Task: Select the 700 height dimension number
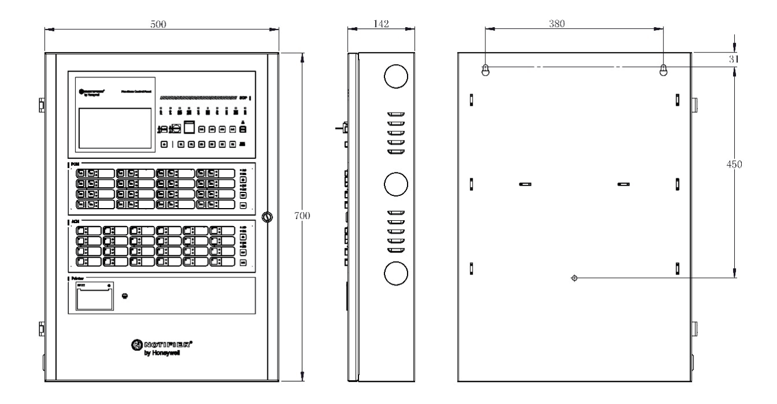pyautogui.click(x=302, y=216)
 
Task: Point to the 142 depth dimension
pyautogui.click(x=381, y=24)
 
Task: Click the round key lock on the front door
pyautogui.click(x=267, y=217)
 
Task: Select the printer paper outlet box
pyautogui.click(x=93, y=299)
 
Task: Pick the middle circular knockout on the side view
pyautogui.click(x=397, y=184)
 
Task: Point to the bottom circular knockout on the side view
pyautogui.click(x=397, y=274)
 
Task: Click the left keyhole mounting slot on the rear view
pyautogui.click(x=485, y=70)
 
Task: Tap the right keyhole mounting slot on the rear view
pyautogui.click(x=663, y=70)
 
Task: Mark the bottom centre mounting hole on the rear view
pyautogui.click(x=574, y=278)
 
